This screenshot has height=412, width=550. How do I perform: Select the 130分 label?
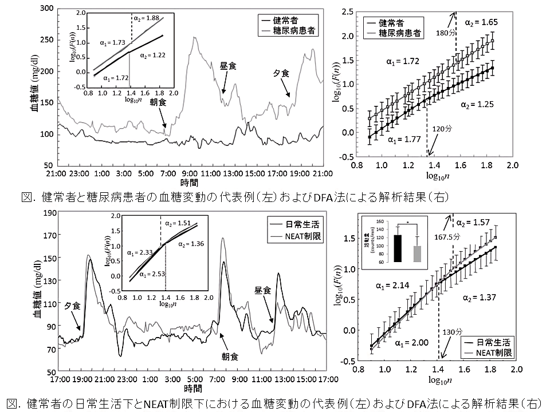pyautogui.click(x=451, y=332)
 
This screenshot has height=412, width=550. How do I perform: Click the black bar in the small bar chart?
pyautogui.click(x=398, y=248)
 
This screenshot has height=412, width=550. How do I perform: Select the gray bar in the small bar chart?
pyautogui.click(x=417, y=253)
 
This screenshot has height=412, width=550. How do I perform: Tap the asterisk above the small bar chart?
pyautogui.click(x=407, y=221)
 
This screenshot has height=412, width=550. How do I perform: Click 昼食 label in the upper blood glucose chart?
pyautogui.click(x=229, y=66)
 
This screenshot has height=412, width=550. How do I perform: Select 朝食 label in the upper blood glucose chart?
pyautogui.click(x=159, y=101)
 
